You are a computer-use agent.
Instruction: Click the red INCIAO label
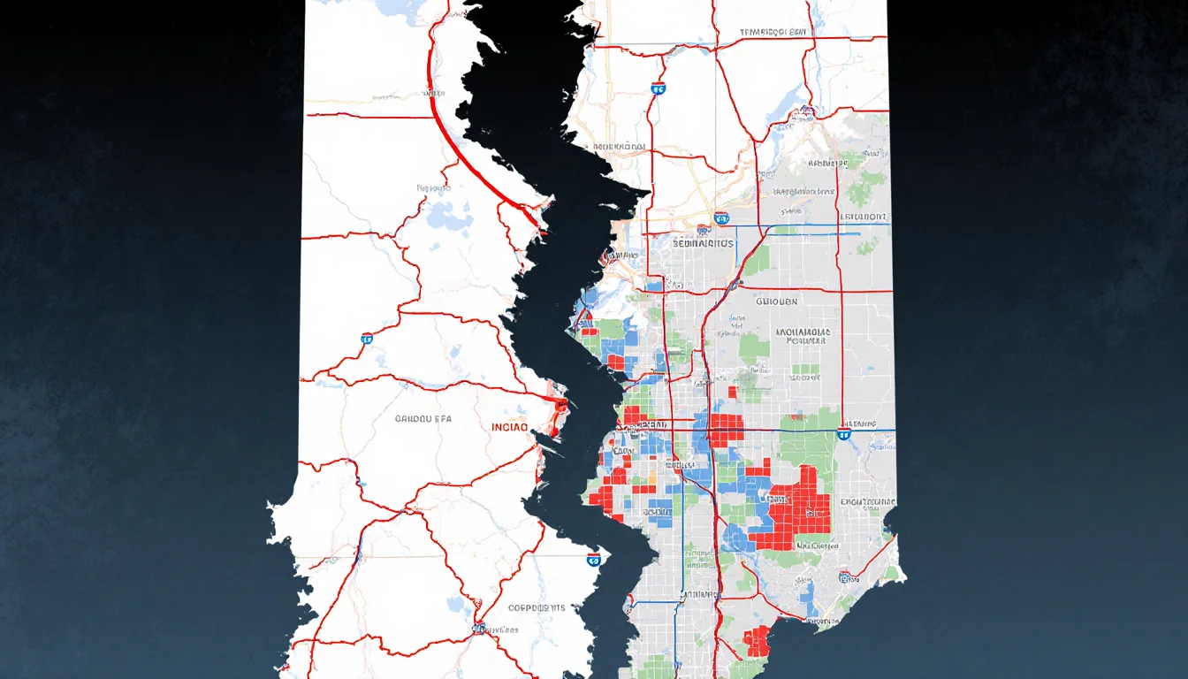509,427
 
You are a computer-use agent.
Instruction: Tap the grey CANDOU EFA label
423,419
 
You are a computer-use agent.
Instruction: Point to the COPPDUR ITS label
537,608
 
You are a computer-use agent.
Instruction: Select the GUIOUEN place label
776,301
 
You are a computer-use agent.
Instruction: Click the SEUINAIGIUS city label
703,242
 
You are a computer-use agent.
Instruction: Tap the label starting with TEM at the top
774,33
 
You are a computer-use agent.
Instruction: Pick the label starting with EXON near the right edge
868,502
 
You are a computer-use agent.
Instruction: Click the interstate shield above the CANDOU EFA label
367,339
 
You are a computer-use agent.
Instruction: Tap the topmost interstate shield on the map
657,88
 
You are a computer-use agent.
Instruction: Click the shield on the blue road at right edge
844,433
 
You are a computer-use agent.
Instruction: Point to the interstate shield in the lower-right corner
846,577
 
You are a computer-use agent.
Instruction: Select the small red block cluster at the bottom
757,640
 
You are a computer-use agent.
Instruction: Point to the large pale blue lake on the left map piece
446,215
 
